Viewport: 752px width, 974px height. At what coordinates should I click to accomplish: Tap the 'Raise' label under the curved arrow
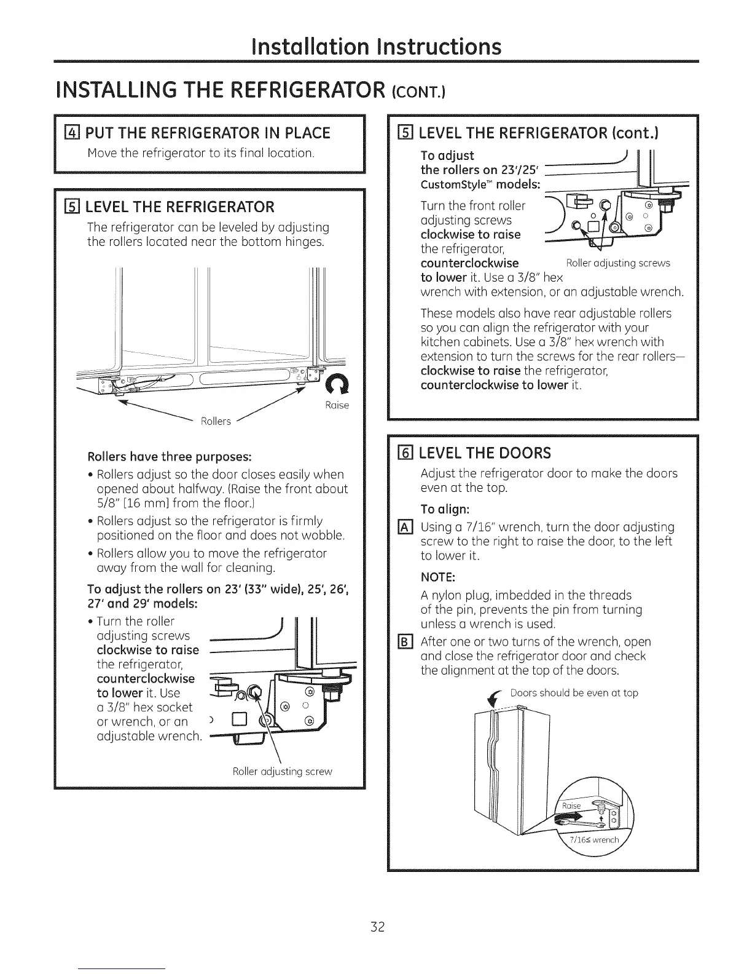click(x=337, y=405)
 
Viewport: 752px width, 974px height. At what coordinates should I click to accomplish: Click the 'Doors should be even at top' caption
click(x=574, y=693)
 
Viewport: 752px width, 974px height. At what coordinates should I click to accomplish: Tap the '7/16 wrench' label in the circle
click(x=594, y=841)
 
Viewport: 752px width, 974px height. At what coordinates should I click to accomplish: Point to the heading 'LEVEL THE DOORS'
click(x=485, y=453)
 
